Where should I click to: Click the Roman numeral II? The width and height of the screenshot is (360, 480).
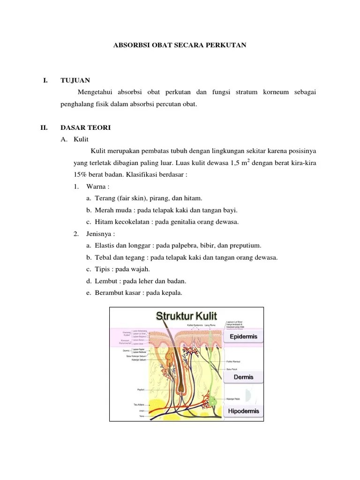coord(44,127)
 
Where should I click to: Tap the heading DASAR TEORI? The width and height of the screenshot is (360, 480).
coord(85,127)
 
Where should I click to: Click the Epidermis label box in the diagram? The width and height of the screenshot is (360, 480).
coord(242,337)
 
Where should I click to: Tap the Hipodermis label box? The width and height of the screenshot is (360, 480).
coord(242,412)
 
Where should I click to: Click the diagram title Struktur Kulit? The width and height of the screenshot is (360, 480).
coord(186,315)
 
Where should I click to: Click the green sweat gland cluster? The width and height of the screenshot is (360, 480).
coord(212,401)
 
